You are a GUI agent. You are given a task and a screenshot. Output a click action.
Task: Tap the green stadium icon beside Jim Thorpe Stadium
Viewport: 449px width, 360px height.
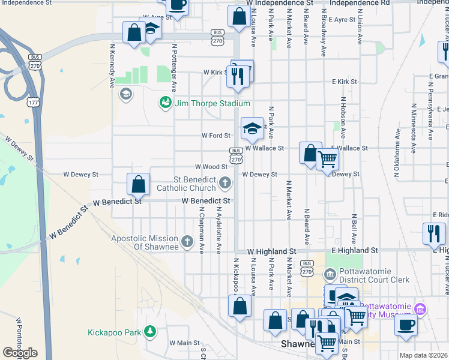[165, 103]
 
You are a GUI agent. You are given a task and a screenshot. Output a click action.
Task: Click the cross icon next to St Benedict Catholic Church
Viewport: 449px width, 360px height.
[225, 182]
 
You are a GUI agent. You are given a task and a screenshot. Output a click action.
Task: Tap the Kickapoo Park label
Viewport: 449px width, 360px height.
[114, 332]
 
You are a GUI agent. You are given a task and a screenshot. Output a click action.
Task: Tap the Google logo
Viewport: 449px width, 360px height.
[20, 352]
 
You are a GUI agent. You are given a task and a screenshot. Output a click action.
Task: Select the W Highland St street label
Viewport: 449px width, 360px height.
[272, 250]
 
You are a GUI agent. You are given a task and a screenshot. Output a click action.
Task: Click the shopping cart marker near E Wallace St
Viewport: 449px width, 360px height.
[328, 160]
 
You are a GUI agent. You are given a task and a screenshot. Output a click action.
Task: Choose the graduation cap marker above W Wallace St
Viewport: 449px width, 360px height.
[253, 128]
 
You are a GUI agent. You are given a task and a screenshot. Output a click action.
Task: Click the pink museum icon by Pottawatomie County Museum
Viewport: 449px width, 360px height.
[420, 309]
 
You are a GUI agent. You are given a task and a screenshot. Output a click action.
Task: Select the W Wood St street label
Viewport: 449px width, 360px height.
[211, 167]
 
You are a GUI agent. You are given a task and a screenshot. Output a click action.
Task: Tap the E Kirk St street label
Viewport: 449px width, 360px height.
[345, 82]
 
